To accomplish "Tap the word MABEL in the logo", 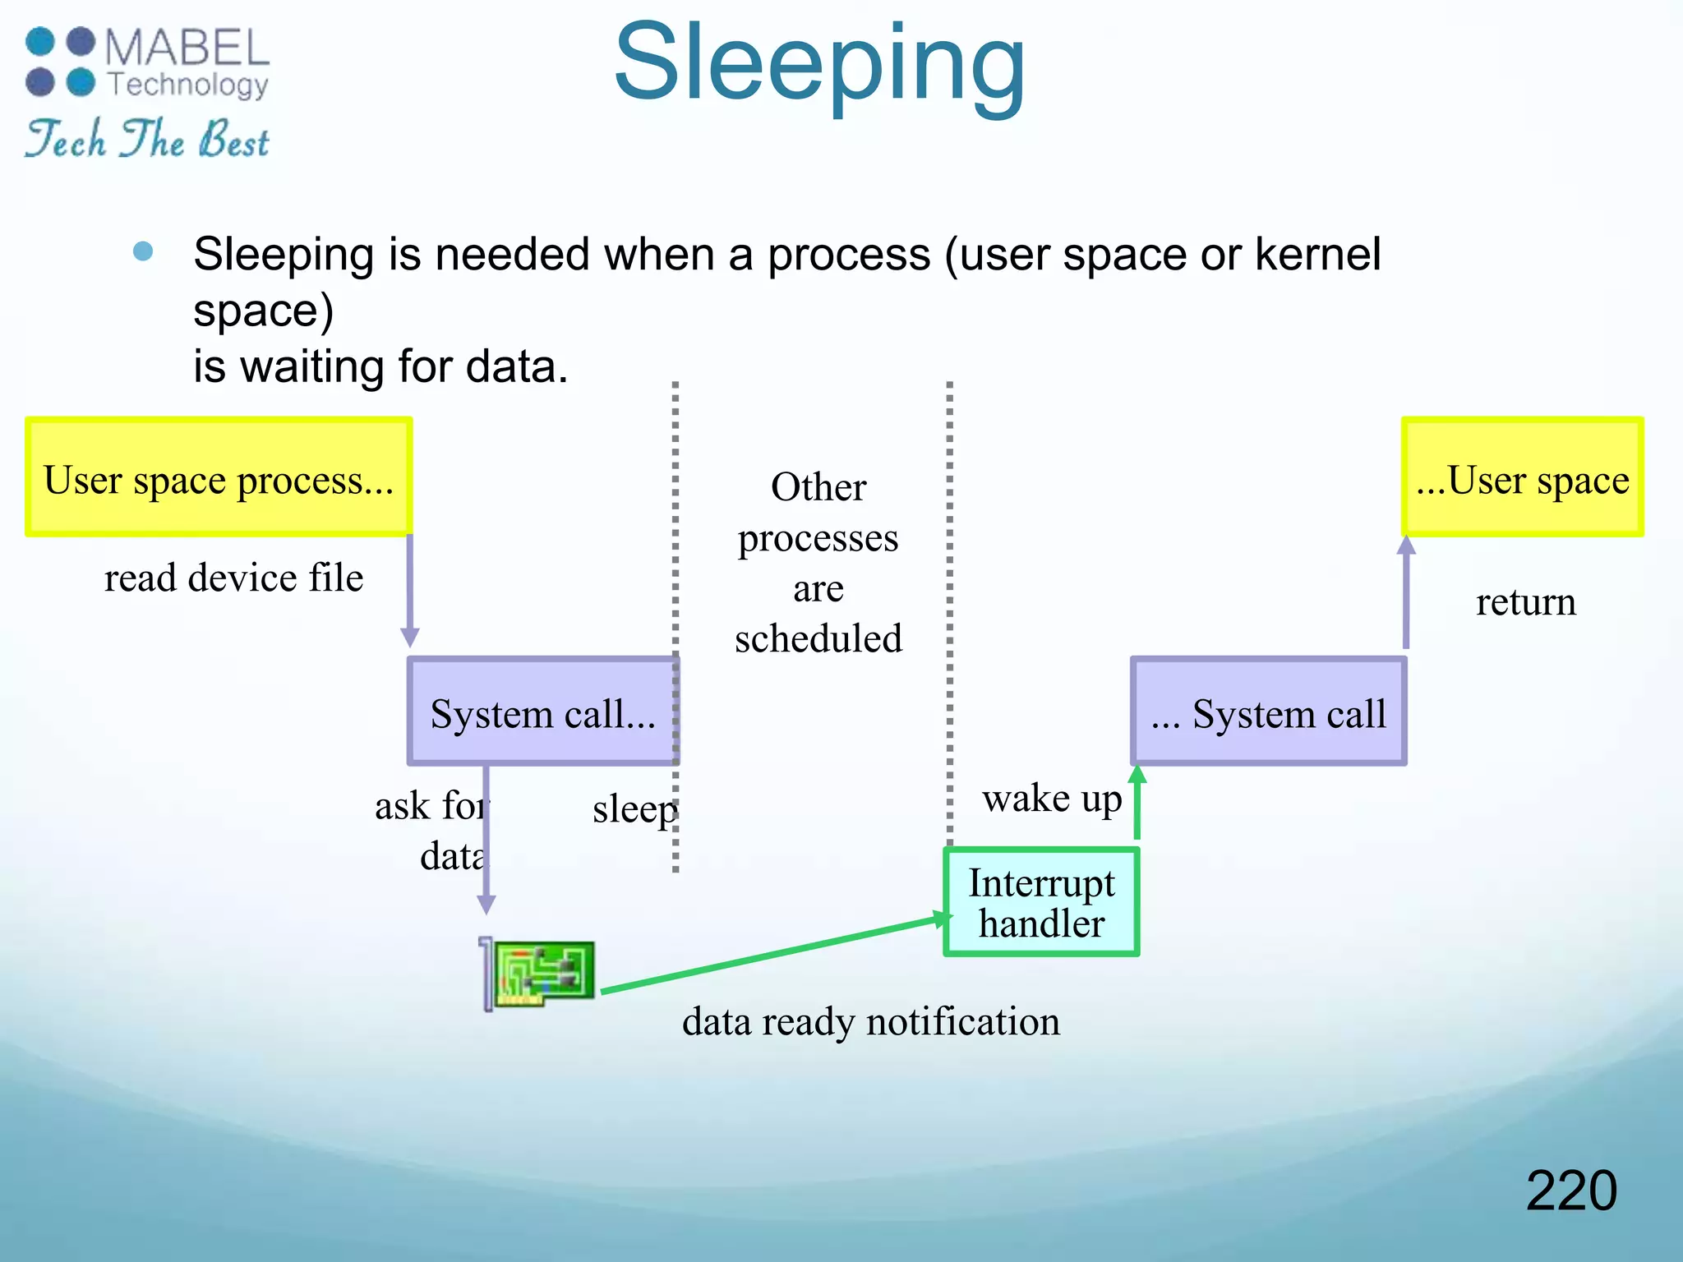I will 187,48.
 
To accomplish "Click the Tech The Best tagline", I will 147,139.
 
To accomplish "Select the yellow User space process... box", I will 219,477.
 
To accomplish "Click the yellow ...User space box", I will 1522,477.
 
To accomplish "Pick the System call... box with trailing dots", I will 542,712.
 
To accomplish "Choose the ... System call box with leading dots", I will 1268,712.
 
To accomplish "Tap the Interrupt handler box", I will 1041,902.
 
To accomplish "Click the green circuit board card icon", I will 538,974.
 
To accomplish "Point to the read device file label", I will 233,578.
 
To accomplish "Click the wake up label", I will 1051,798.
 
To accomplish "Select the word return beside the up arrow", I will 1525,602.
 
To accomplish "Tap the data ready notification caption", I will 870,1021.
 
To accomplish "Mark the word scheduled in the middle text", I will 818,638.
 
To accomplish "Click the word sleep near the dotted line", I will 634,808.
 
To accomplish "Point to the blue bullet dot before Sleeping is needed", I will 143,251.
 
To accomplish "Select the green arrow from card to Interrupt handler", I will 772,955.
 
